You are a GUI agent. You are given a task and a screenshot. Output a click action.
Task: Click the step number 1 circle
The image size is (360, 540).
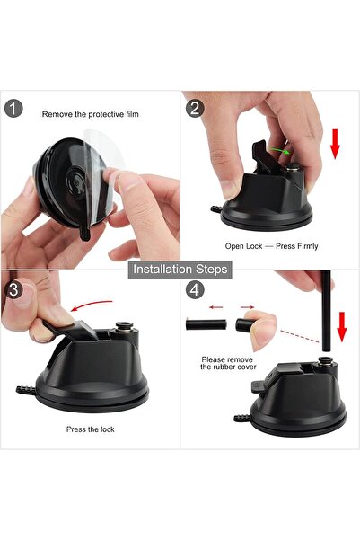click(x=13, y=109)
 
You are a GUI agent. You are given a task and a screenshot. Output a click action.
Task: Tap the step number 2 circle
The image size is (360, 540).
click(x=195, y=109)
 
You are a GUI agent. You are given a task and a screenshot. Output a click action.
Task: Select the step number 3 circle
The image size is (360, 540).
click(x=13, y=289)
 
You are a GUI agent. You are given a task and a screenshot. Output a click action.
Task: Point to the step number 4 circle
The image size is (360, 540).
click(x=195, y=289)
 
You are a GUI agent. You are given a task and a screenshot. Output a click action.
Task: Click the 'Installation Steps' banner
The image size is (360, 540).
click(x=180, y=269)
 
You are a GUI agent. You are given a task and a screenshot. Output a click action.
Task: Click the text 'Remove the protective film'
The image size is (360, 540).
click(x=90, y=114)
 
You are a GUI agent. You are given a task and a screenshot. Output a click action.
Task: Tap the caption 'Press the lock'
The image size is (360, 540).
click(x=90, y=429)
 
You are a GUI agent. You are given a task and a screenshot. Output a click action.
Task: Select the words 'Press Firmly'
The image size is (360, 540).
click(x=296, y=246)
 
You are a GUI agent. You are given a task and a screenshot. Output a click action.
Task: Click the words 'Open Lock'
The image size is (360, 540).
click(x=243, y=246)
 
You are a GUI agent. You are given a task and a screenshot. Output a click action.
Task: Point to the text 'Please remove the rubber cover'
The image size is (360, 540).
click(x=228, y=363)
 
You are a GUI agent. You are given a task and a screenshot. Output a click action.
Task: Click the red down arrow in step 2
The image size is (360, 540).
click(x=335, y=144)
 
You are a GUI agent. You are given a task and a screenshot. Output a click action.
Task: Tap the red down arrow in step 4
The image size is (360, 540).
click(x=342, y=327)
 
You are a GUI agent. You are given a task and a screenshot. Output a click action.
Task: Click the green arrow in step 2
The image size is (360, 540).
click(x=279, y=150)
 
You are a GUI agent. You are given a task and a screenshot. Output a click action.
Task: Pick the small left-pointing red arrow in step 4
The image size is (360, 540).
click(x=216, y=307)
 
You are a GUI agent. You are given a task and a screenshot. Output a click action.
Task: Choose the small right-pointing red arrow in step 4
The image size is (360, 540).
click(x=247, y=307)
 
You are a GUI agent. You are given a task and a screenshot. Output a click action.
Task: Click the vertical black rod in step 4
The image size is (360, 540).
click(x=326, y=311)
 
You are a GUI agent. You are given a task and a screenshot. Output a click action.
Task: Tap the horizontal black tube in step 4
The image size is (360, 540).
click(x=206, y=324)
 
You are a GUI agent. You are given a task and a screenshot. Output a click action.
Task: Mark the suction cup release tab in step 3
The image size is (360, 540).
click(x=26, y=390)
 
